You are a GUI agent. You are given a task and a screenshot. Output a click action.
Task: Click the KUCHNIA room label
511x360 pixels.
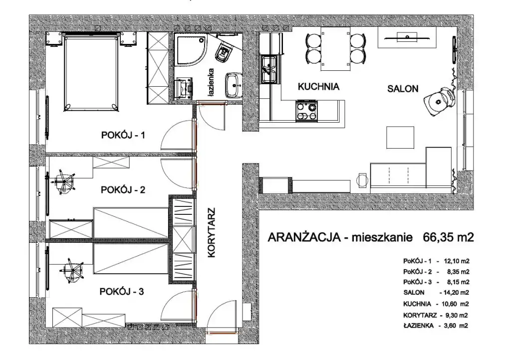point(318,87)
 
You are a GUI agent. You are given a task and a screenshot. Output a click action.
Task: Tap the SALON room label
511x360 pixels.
point(403,89)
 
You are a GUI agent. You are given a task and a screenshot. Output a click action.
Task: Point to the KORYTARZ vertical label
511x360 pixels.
point(212,233)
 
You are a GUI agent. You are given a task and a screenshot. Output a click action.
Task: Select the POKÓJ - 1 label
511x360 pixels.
point(123,135)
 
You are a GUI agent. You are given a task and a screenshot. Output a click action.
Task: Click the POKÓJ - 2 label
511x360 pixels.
point(123,189)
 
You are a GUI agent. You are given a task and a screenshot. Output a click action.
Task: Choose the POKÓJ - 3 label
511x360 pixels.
point(122,291)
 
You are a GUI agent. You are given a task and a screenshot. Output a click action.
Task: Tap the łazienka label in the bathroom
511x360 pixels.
point(211,82)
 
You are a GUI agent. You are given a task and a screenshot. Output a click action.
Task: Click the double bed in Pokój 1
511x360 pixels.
point(91,72)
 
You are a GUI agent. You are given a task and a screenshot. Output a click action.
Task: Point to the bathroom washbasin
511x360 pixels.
point(234,85)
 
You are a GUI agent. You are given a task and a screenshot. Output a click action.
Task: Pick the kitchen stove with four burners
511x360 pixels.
point(306,111)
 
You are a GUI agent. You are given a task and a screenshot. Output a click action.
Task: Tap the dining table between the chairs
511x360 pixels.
point(336,48)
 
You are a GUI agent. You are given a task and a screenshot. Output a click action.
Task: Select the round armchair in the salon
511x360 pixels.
point(438,100)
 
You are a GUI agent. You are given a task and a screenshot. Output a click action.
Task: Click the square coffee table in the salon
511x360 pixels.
point(400,137)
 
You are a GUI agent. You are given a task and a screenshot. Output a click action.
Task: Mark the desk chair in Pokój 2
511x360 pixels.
point(65,181)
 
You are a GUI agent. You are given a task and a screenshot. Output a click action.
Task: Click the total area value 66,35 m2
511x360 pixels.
point(448,237)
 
